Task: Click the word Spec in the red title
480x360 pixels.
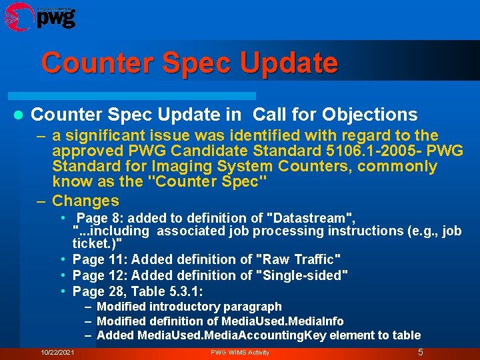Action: pos(193,63)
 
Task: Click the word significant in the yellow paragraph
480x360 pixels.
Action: pos(110,135)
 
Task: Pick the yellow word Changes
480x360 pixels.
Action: pos(85,201)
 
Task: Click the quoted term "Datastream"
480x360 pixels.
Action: pos(311,217)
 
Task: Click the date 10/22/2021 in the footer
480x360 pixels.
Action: pos(57,352)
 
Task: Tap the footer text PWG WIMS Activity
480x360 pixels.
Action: pos(240,352)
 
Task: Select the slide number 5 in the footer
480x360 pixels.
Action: pos(420,352)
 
